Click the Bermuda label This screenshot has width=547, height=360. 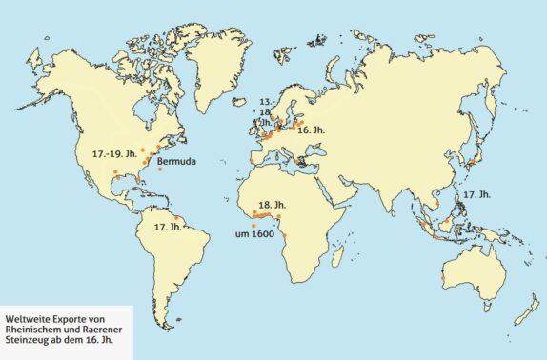(x=176, y=162)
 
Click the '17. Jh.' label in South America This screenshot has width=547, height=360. (x=167, y=227)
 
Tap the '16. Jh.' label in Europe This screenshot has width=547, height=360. (x=311, y=131)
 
